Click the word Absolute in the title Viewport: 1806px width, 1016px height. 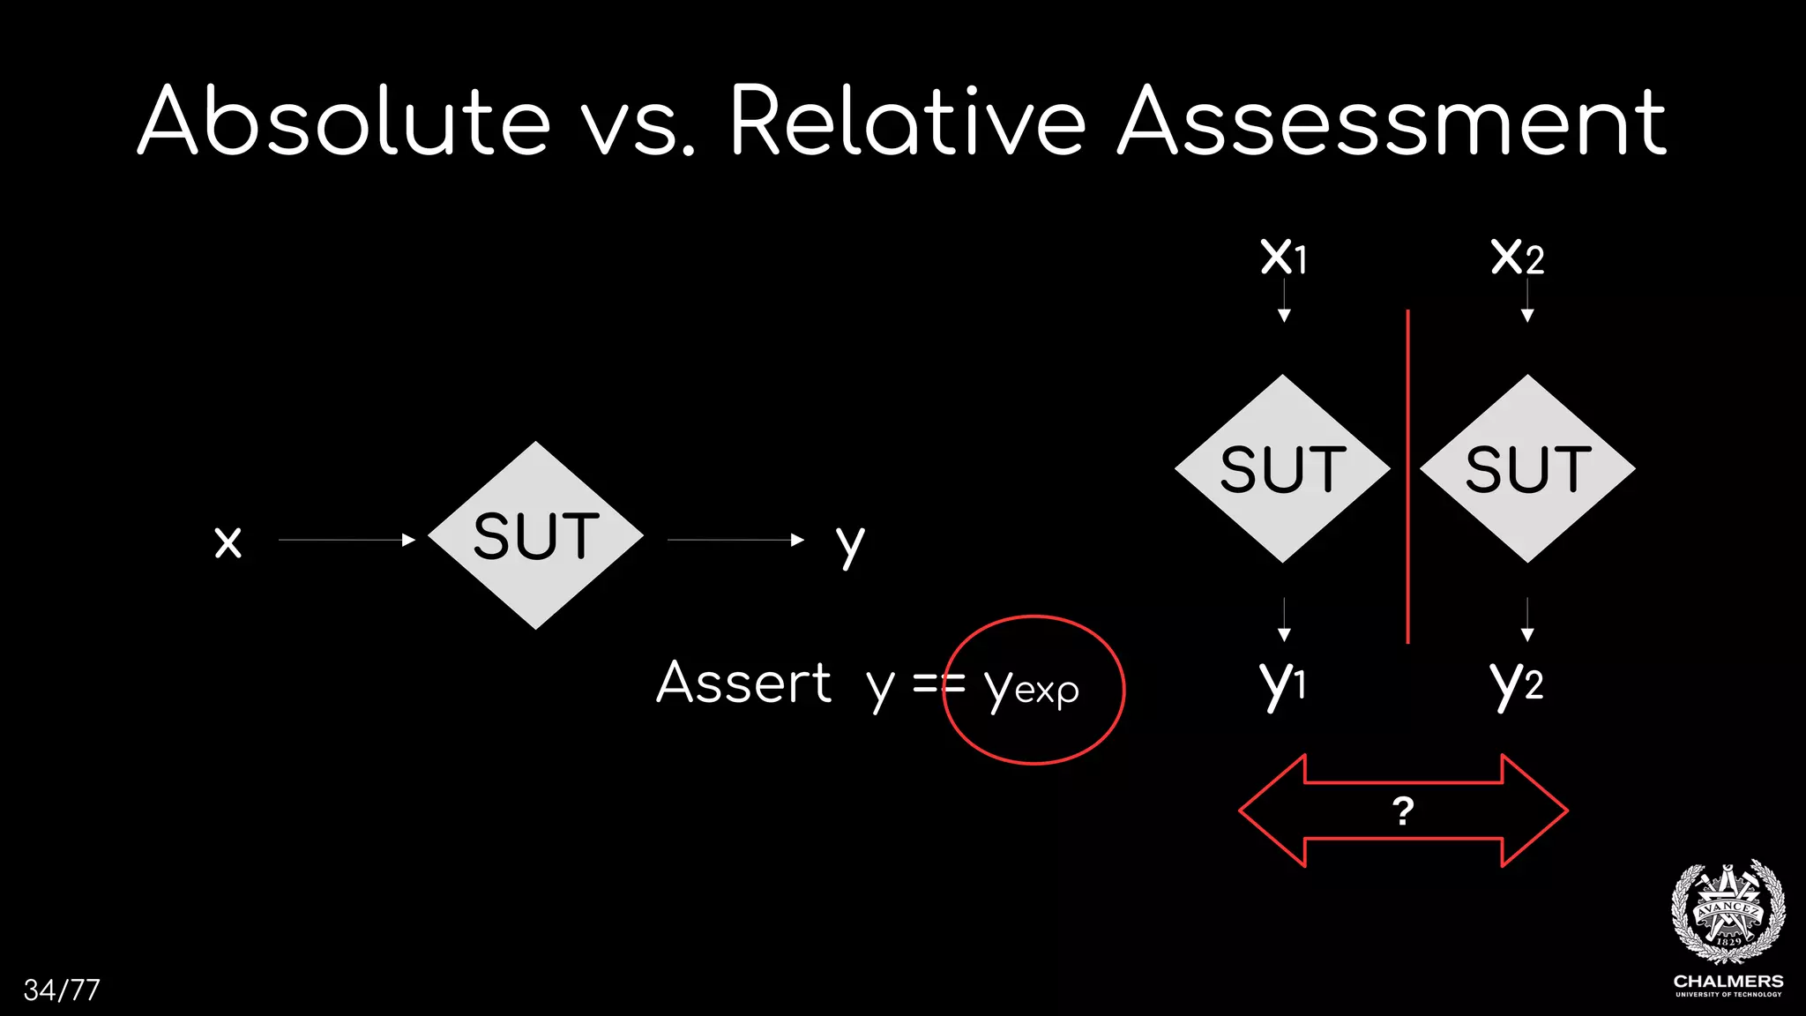344,121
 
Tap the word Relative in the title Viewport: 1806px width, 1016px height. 908,121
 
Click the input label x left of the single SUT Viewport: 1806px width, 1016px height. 228,542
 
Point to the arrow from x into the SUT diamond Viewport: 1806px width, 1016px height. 346,540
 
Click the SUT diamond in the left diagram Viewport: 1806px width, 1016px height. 535,535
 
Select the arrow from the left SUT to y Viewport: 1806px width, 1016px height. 735,540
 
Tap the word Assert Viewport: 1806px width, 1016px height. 743,683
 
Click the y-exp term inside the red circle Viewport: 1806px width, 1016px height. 1031,688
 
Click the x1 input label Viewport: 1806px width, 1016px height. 1283,257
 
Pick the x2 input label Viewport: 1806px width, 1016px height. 1517,257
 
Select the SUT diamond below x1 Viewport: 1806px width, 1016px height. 1282,468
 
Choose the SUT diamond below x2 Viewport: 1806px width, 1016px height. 1527,468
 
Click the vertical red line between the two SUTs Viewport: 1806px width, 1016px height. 1407,476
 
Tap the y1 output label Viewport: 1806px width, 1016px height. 1282,684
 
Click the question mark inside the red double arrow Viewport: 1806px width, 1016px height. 1403,811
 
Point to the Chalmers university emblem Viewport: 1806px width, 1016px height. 1728,913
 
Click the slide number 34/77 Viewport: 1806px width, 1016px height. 62,990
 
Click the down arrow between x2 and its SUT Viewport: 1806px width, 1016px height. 1527,302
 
